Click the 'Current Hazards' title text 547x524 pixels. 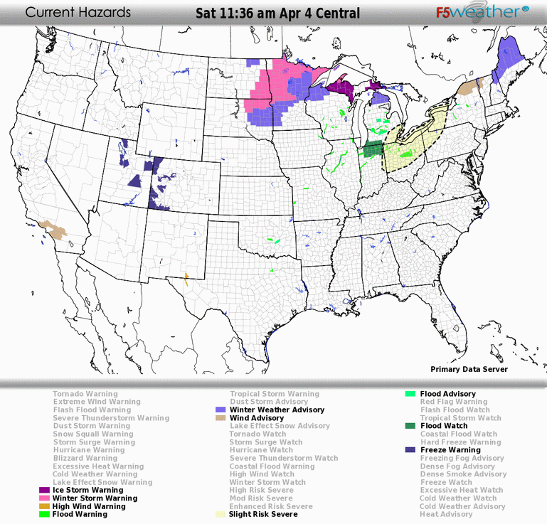tap(78, 13)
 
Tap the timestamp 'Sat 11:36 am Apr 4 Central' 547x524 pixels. tap(277, 14)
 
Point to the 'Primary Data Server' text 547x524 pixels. tap(469, 369)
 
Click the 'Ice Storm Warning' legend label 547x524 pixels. tap(87, 490)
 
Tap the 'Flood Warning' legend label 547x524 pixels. tap(80, 514)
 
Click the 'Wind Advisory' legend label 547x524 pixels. tap(256, 418)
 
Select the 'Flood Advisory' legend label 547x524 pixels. tap(447, 394)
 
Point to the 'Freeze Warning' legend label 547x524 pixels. tap(450, 450)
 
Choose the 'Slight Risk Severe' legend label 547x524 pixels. tap(262, 514)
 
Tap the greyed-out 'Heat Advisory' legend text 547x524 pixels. tap(446, 514)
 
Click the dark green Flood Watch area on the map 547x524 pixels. tap(372, 150)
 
